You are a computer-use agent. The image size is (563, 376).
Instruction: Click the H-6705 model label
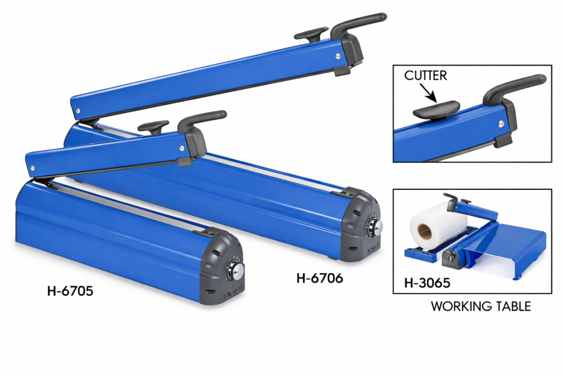(x=70, y=291)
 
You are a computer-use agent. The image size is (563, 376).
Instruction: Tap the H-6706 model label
(x=319, y=278)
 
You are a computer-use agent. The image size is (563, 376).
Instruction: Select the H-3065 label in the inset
(x=427, y=283)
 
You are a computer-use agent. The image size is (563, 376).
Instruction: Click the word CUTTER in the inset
(x=426, y=75)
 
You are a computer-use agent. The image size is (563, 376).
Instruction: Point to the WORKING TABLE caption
(x=481, y=306)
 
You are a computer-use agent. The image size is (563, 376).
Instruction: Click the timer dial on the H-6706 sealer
(x=375, y=227)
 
